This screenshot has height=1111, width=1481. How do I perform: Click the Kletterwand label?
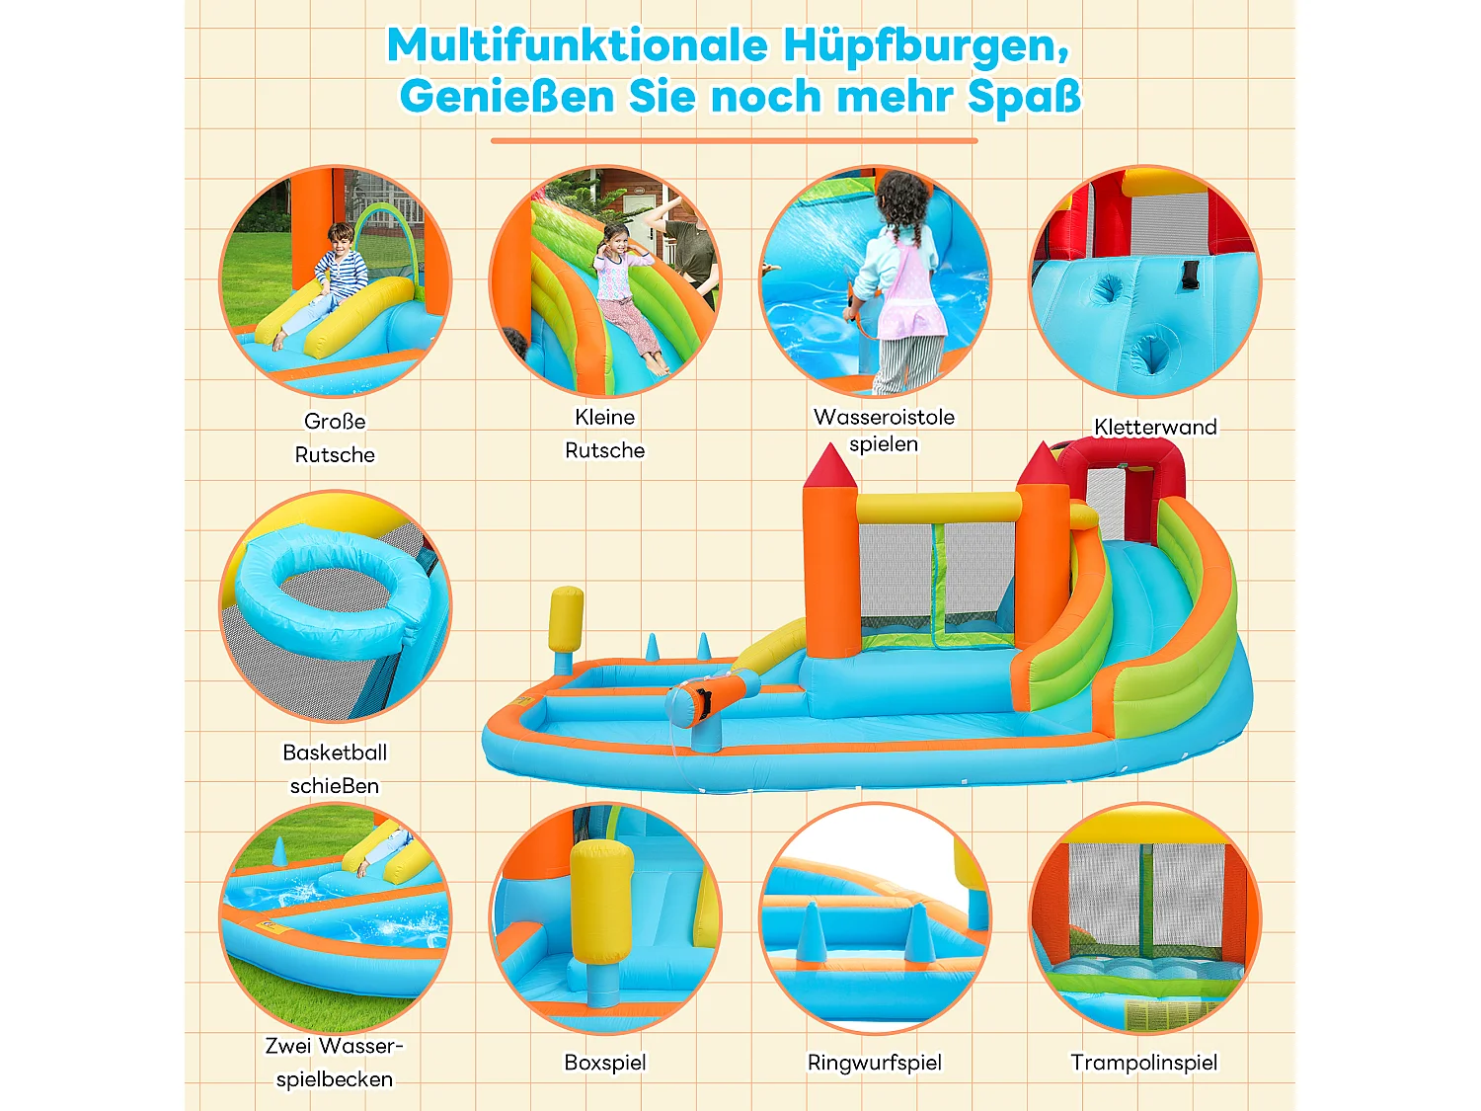click(1155, 427)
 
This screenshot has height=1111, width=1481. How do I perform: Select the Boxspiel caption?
click(605, 1063)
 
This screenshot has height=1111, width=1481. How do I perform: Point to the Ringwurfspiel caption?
click(875, 1063)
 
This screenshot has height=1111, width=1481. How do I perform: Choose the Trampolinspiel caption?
click(1144, 1063)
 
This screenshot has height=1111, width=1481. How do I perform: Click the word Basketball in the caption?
click(335, 753)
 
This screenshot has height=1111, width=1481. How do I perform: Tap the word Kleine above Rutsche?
click(605, 417)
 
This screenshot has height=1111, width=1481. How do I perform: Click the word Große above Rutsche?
click(335, 422)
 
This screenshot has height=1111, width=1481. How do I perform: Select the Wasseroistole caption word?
click(884, 417)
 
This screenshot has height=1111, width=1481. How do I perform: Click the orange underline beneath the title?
click(734, 141)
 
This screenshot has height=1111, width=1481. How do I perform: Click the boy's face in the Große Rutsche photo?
click(341, 240)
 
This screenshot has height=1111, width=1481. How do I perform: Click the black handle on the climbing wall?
click(1189, 275)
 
